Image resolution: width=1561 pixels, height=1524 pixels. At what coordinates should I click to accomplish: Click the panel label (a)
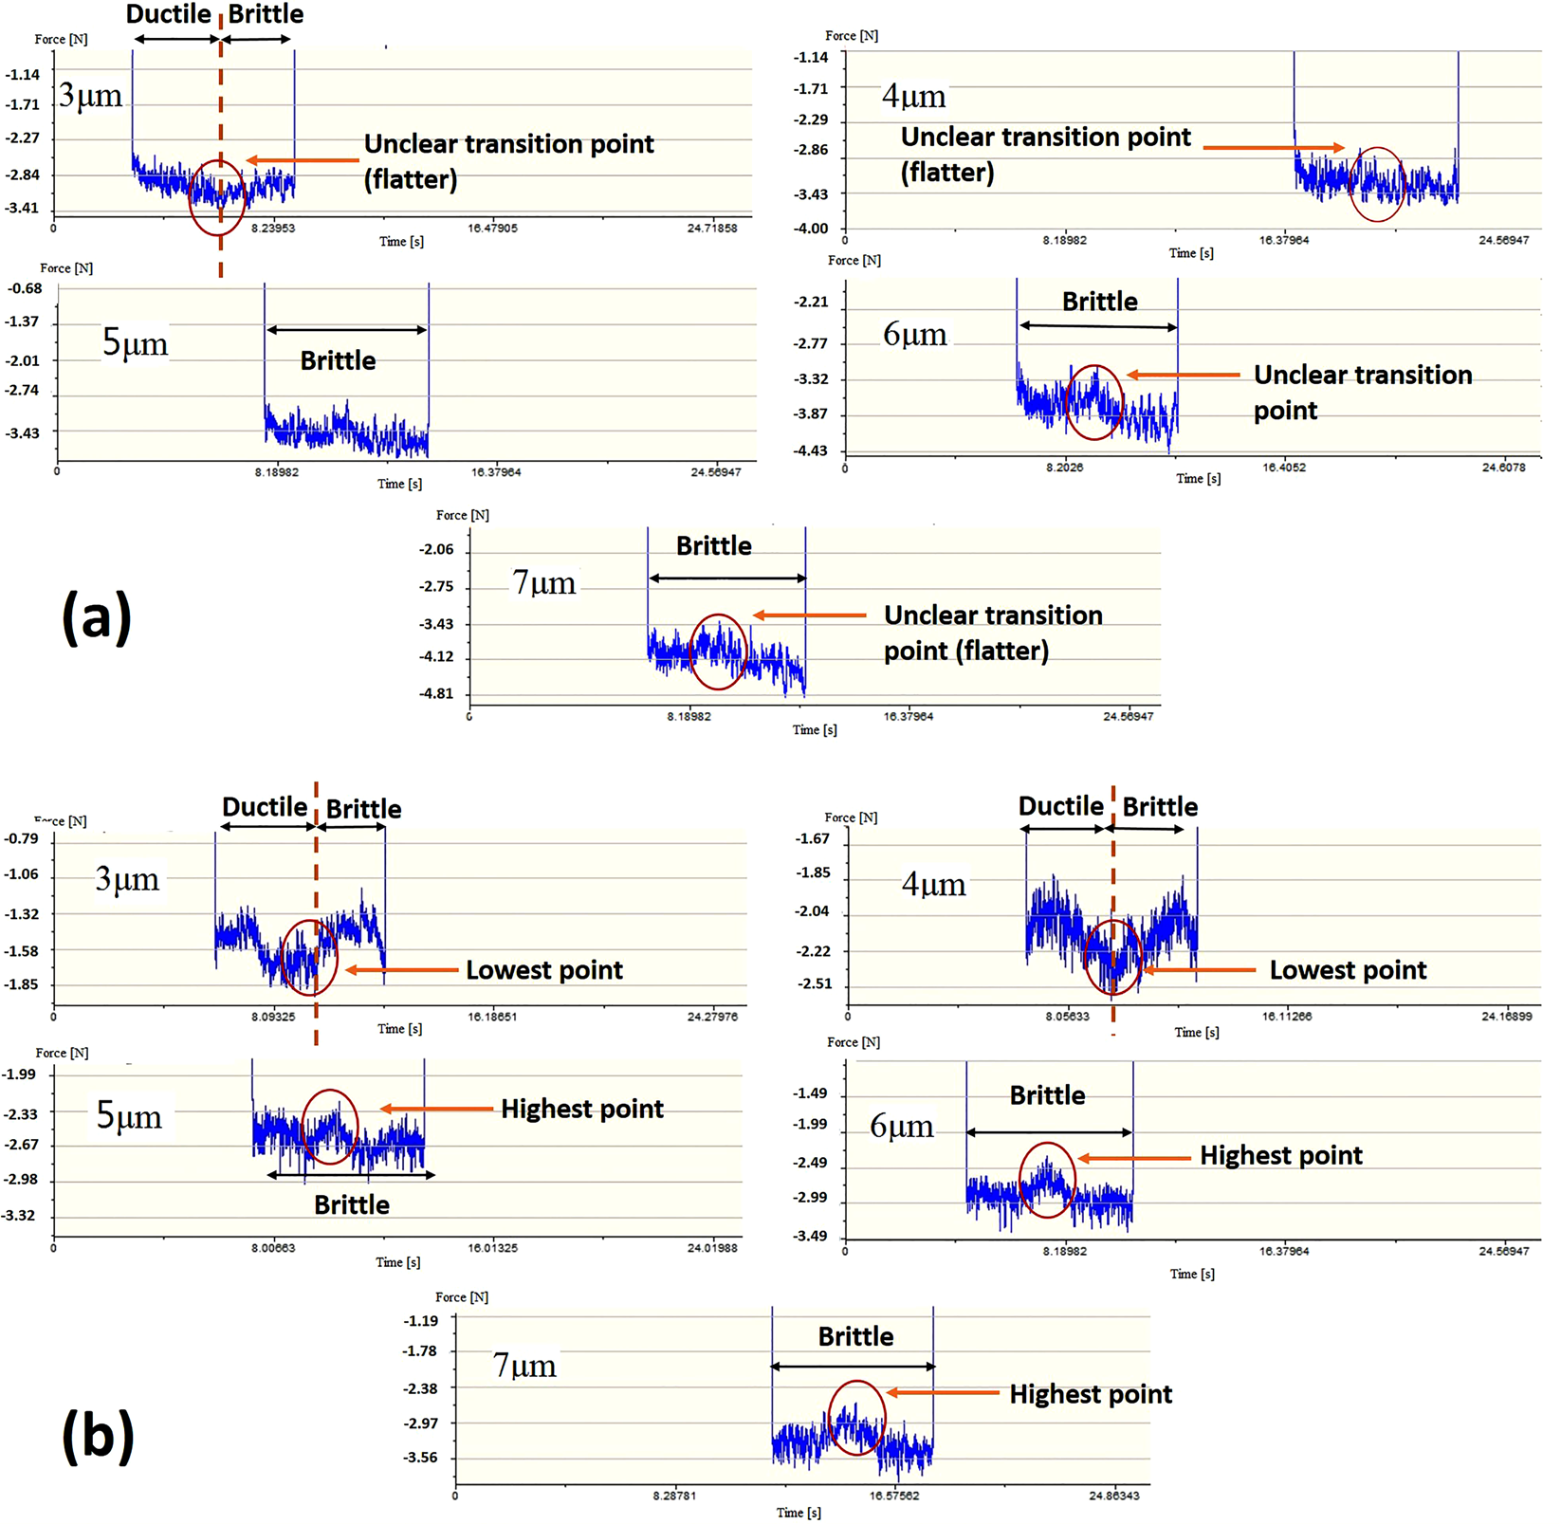pos(97,617)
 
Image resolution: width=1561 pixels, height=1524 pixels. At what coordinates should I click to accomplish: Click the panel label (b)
pos(98,1435)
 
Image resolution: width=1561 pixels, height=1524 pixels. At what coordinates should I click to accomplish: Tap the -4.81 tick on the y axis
pos(436,693)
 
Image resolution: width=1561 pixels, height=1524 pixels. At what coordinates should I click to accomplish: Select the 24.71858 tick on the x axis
pos(712,228)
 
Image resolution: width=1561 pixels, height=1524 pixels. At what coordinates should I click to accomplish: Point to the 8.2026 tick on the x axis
pos(1064,467)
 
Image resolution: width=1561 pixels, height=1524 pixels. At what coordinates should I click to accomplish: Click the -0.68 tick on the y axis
pos(26,288)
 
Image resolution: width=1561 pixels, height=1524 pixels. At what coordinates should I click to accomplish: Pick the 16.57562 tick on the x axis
pos(893,1496)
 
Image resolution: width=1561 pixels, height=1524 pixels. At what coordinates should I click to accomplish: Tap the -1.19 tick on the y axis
pos(420,1320)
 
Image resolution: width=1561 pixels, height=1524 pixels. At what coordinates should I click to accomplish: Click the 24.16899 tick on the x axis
pos(1506,1016)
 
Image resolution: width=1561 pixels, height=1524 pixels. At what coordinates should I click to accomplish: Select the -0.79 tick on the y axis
pos(21,838)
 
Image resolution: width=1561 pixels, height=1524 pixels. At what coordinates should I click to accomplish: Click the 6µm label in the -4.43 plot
pos(914,334)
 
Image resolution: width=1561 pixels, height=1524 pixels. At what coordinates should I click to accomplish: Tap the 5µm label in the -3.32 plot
pos(129,1115)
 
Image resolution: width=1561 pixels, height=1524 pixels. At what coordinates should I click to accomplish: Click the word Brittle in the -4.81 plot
pos(713,546)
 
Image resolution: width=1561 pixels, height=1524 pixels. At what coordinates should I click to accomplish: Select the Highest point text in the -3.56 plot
pos(1090,1394)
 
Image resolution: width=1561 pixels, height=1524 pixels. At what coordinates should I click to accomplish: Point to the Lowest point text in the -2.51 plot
pos(1348,970)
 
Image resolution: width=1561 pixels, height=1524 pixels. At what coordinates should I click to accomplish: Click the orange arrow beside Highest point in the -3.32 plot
pos(436,1109)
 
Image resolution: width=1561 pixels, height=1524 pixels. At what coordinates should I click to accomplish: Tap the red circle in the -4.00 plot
pos(1376,184)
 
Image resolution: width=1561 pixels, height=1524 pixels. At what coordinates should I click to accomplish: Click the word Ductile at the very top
pos(168,14)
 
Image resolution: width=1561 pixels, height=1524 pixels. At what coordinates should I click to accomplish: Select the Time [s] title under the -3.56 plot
pos(798,1513)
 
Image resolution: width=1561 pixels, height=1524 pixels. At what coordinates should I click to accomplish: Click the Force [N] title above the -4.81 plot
pos(462,515)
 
